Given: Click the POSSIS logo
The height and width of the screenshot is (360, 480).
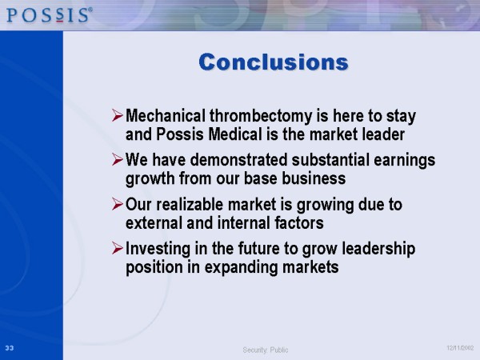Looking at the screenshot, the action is (49, 15).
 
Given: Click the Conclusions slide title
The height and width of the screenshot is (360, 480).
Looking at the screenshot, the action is (274, 62).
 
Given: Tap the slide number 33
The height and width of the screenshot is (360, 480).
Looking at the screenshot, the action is (10, 348).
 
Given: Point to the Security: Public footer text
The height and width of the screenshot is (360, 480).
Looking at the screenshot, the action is (266, 350).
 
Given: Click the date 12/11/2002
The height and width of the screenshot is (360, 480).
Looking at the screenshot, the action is (460, 348).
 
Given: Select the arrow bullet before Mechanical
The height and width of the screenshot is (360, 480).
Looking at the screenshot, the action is (118, 115).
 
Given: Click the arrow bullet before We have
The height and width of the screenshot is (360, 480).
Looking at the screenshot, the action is (118, 159).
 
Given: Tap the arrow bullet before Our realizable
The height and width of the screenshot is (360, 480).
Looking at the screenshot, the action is (118, 204).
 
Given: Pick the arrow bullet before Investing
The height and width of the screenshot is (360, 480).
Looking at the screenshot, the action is (118, 248).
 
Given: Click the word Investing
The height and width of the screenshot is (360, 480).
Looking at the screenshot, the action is (158, 249).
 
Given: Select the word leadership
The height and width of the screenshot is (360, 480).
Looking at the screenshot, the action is (378, 249).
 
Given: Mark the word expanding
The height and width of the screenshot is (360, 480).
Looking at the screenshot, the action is (241, 267).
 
